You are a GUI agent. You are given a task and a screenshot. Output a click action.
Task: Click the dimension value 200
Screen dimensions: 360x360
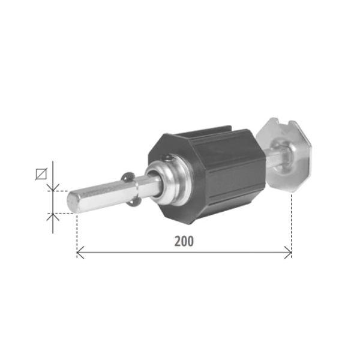tap(184, 241)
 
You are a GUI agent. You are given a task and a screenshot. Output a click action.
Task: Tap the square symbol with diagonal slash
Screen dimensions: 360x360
tap(41, 174)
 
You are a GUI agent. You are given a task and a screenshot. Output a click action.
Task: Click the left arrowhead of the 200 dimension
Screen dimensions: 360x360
tap(80, 253)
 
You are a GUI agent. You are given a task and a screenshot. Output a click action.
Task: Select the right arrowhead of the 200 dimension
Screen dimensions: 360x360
tap(288, 253)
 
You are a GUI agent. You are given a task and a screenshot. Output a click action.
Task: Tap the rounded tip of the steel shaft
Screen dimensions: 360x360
tap(71, 202)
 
